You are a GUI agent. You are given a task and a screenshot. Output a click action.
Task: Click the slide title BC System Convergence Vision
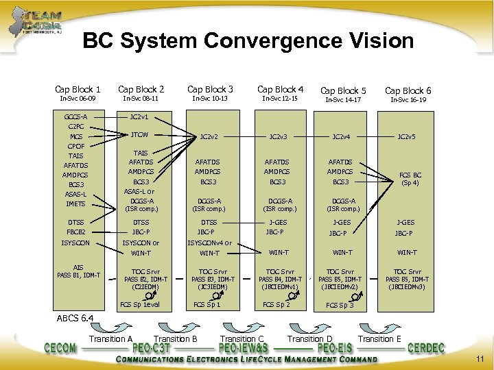(x=248, y=42)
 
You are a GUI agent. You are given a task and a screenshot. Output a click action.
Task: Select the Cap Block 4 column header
(x=280, y=89)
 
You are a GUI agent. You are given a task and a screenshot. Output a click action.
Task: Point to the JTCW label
(x=140, y=134)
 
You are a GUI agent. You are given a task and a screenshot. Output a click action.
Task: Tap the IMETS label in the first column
(x=75, y=204)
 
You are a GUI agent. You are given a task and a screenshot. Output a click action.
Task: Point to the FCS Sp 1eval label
(x=140, y=304)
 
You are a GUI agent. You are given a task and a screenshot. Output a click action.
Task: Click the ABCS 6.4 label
(x=75, y=317)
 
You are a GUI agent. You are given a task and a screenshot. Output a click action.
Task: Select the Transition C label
(x=241, y=339)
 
